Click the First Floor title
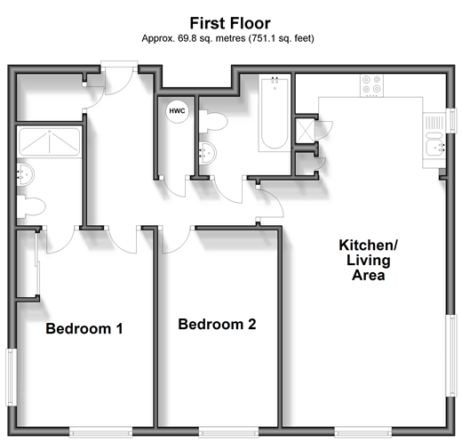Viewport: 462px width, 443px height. click(x=230, y=23)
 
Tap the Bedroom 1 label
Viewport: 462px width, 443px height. click(x=84, y=328)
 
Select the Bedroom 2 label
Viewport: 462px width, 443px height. click(x=217, y=324)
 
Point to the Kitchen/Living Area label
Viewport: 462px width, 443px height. click(x=369, y=260)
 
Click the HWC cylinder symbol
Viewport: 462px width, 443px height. click(x=177, y=111)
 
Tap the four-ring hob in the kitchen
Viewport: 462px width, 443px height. click(x=371, y=85)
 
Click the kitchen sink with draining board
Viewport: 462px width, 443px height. click(x=434, y=140)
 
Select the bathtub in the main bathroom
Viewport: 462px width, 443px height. click(x=275, y=113)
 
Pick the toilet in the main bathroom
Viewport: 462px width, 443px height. click(x=213, y=121)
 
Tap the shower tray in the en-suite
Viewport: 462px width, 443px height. click(x=50, y=141)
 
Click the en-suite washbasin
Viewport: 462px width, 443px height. click(x=25, y=175)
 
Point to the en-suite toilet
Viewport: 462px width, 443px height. click(x=31, y=206)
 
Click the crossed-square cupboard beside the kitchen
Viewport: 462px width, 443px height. click(x=305, y=131)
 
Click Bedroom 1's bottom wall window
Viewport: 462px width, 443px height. click(x=101, y=432)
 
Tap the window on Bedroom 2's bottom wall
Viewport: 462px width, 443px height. click(x=228, y=432)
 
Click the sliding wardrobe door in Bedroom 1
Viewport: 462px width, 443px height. click(x=37, y=264)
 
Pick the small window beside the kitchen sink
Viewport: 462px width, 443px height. click(x=451, y=121)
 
